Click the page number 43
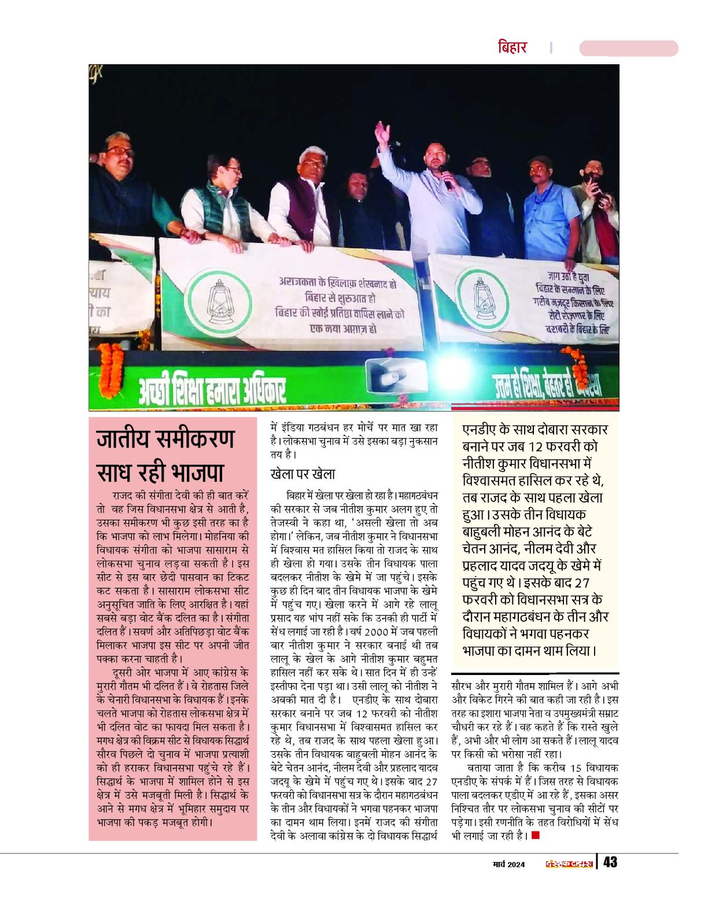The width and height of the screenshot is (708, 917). click(x=610, y=862)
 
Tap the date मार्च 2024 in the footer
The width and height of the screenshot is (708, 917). click(x=504, y=864)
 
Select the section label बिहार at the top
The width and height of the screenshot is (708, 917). click(x=512, y=47)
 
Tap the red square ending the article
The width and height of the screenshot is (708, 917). click(x=535, y=835)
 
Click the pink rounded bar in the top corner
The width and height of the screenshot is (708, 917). click(x=628, y=48)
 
